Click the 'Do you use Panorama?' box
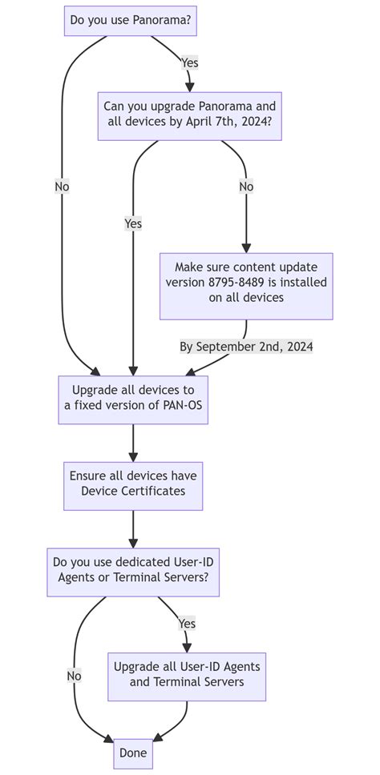coord(130,21)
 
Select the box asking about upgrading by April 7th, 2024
coord(190,115)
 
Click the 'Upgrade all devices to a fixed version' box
coord(133,399)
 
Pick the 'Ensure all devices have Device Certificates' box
coord(133,484)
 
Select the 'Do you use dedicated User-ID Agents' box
coord(133,571)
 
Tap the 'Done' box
coord(133,753)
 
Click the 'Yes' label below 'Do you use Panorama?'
coord(189,62)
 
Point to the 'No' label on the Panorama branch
coord(62,187)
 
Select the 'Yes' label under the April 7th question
coord(133,223)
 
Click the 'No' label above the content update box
coord(246,187)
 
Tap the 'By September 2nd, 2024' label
coord(246,347)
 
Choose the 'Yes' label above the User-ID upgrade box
coord(187,623)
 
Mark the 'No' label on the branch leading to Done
coord(74,676)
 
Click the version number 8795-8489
coord(243,283)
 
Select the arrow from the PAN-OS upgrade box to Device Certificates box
coord(133,443)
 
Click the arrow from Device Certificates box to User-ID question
coord(133,528)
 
